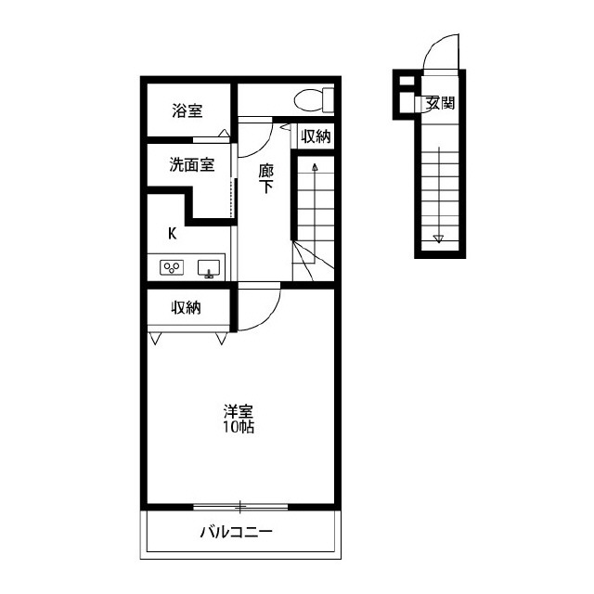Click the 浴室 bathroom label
tap(187, 110)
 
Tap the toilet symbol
tap(314, 100)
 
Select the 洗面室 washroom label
tap(192, 165)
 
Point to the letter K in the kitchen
tap(173, 234)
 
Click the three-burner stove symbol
tap(172, 267)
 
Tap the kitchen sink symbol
tap(209, 268)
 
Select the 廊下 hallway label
tap(266, 178)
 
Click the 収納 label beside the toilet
tap(316, 136)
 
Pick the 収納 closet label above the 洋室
tap(186, 307)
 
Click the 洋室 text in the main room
tap(238, 411)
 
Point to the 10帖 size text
tap(238, 427)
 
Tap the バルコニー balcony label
tap(236, 532)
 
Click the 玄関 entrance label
tap(440, 103)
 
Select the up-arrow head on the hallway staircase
tap(315, 167)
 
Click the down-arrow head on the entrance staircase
tap(439, 239)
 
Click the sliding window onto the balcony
tap(240, 507)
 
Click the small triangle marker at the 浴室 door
tap(225, 133)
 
